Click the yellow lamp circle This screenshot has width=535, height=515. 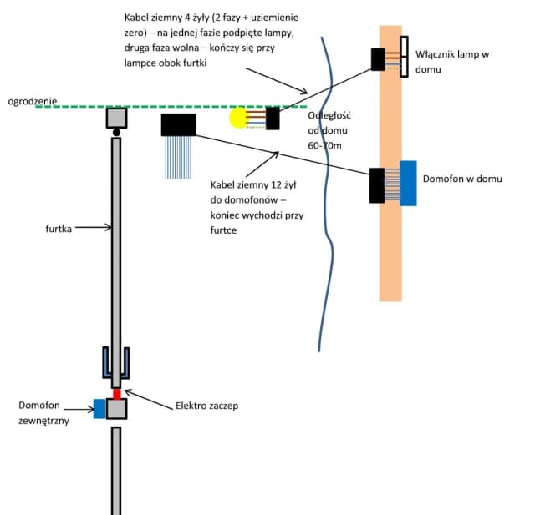[239, 119]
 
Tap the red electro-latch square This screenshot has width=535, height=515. [117, 393]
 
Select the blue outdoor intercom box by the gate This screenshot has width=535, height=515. [99, 409]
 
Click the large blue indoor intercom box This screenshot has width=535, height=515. [409, 183]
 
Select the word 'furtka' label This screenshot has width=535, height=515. [64, 226]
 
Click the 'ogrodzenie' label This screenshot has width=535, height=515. [33, 101]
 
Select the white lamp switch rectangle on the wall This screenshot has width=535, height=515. [404, 57]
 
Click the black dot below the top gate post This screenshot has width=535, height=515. [117, 132]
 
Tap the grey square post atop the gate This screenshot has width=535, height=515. [117, 118]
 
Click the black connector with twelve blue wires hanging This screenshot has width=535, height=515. [178, 124]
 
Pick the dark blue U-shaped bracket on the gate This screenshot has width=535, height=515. [117, 362]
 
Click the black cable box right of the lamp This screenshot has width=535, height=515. [273, 119]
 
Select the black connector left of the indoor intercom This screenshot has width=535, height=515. [377, 184]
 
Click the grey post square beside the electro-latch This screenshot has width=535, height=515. [117, 409]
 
